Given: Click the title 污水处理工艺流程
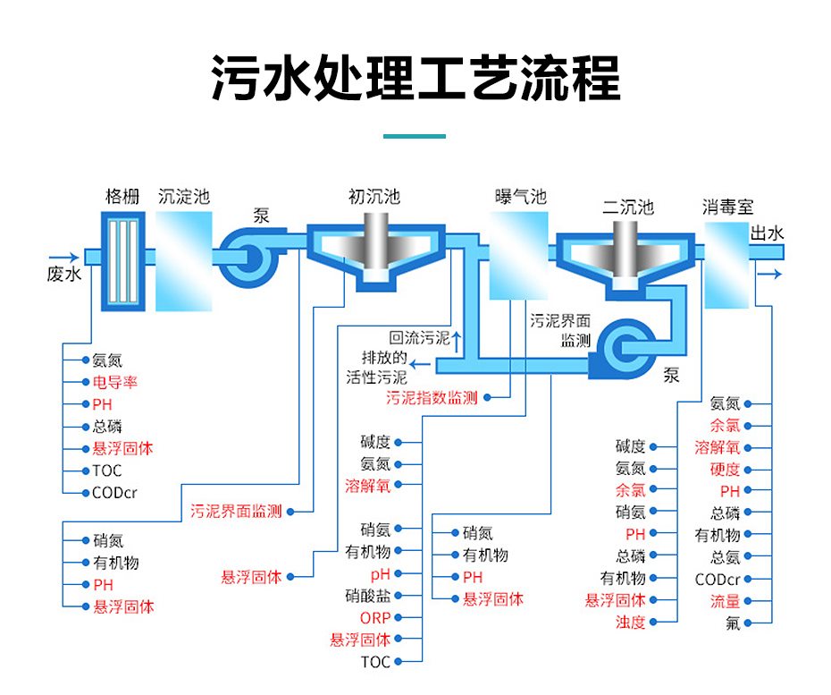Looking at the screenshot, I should coord(415,78).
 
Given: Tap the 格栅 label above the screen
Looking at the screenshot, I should coord(122,197).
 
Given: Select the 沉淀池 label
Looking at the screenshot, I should coord(184,196).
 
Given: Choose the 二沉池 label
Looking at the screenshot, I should coord(628,208).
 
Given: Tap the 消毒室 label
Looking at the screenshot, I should coord(728,208).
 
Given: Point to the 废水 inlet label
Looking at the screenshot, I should coord(64,274).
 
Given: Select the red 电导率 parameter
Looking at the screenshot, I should coord(114,383).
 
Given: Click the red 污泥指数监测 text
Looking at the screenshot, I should coord(432,397).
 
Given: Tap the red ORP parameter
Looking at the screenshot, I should coord(375,617).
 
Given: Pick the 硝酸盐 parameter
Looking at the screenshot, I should coord(367,595).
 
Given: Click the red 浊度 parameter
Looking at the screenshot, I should coord(630,623).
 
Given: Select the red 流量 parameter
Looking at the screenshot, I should coord(725,601).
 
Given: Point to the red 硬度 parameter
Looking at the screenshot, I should coord(725,470).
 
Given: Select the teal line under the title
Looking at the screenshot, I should coord(414,136).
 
